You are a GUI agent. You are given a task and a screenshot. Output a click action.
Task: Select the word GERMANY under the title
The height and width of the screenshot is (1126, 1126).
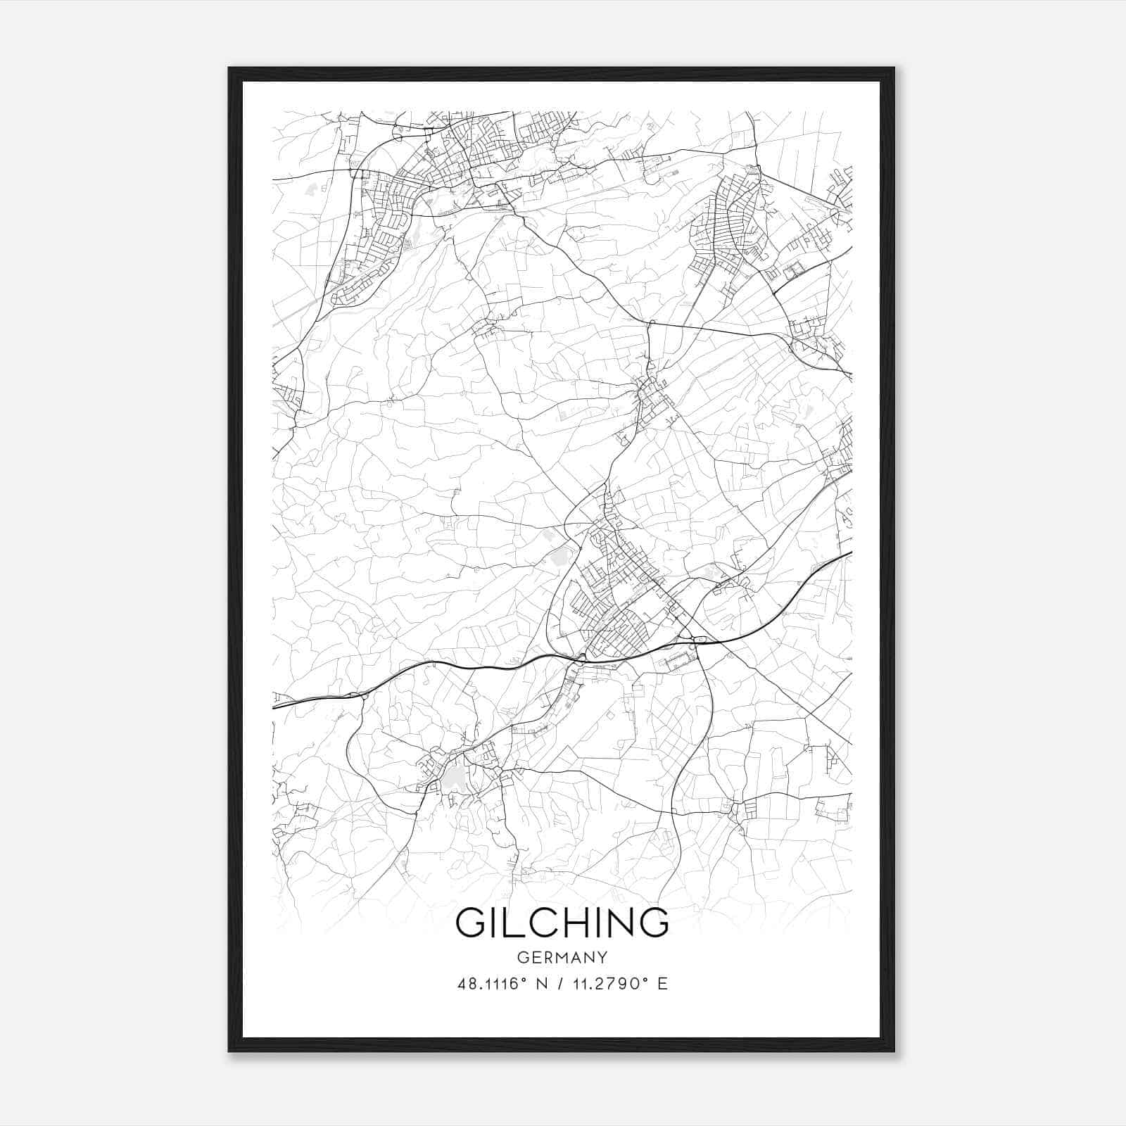click(562, 957)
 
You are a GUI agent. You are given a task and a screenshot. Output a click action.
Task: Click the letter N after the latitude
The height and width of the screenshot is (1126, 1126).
click(542, 984)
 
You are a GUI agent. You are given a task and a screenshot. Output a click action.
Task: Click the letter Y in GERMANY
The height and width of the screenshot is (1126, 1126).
click(602, 957)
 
